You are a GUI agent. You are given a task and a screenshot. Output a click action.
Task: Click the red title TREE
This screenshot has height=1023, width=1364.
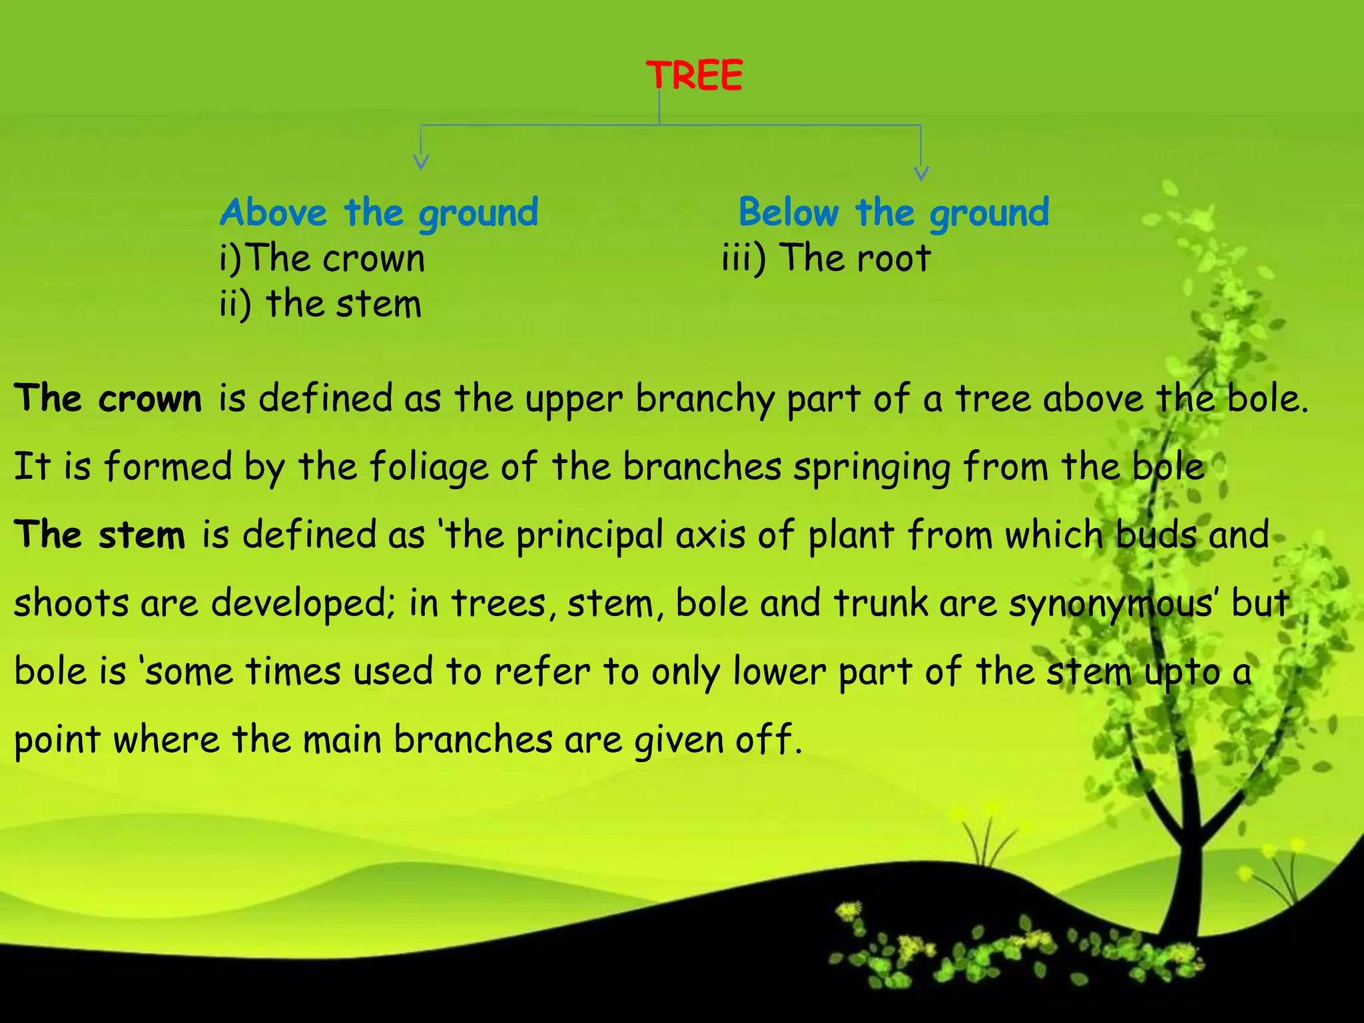click(694, 75)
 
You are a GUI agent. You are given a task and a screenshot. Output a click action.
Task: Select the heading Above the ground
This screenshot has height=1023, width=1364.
click(379, 213)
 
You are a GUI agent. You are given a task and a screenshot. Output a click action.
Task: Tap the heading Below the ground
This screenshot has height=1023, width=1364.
click(894, 213)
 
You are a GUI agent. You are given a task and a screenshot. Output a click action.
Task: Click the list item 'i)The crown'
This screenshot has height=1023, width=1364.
click(322, 258)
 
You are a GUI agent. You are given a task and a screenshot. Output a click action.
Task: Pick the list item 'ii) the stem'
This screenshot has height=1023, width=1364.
click(321, 304)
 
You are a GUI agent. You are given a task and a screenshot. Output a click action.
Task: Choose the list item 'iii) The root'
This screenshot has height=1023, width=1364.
click(826, 258)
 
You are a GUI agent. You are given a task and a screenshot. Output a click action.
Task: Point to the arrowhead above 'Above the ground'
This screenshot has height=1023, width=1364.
click(421, 162)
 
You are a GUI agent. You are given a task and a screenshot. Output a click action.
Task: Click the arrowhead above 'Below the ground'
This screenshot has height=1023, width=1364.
click(921, 173)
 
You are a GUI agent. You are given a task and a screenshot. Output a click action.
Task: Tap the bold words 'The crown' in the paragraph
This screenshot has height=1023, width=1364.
click(108, 399)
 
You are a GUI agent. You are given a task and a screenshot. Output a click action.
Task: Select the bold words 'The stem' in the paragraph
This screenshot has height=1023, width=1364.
click(100, 535)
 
